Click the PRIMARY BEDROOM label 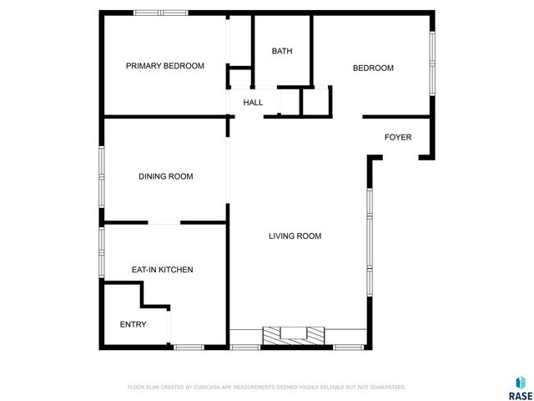[x=164, y=66]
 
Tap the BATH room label [x=282, y=51]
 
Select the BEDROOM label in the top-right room [x=372, y=69]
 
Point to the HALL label [x=253, y=103]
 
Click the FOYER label [x=397, y=137]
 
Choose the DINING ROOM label [x=165, y=176]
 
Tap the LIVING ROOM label [x=295, y=236]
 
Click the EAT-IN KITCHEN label [x=162, y=270]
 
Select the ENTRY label [x=133, y=324]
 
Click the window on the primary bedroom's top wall [x=161, y=13]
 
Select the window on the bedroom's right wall [x=431, y=63]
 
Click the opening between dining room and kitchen [x=164, y=222]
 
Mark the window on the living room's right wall [x=368, y=242]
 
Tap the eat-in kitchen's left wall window [x=102, y=251]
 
